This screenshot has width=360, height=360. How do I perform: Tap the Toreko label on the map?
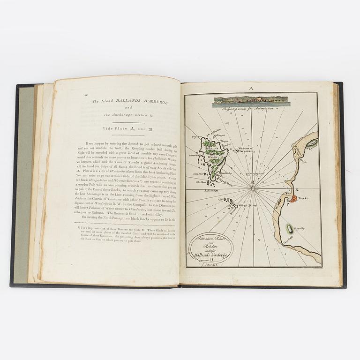point(303,198)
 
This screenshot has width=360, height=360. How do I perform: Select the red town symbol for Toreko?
point(292,199)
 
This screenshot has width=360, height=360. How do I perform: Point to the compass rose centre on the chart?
point(253,188)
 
